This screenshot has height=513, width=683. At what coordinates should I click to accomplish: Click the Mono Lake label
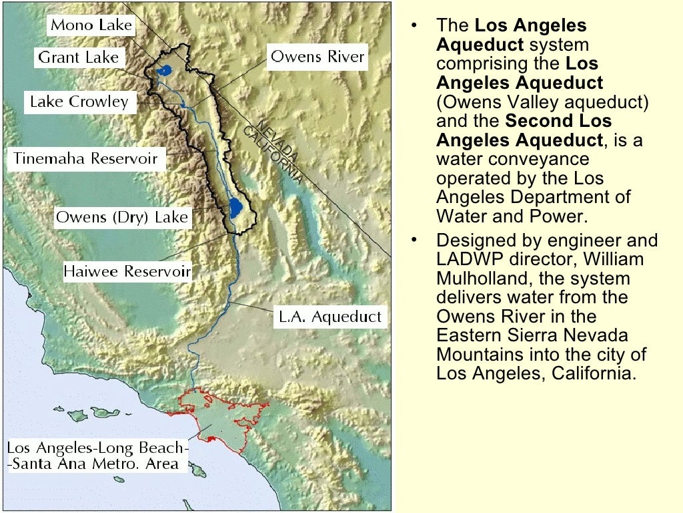(91, 25)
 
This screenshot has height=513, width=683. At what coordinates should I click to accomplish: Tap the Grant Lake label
(78, 57)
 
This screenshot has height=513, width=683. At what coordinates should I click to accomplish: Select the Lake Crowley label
(79, 102)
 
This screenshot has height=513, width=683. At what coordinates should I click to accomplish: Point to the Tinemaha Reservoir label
(85, 159)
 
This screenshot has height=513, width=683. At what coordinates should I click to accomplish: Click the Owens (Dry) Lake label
(121, 217)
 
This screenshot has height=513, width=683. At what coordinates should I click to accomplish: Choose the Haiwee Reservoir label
(127, 272)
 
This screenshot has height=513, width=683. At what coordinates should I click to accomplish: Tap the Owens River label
(317, 56)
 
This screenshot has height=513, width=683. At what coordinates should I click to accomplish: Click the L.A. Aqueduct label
(329, 317)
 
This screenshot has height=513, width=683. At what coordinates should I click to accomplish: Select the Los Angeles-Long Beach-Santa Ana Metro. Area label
(97, 456)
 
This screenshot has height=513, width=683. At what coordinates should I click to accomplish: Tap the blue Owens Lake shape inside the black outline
(235, 208)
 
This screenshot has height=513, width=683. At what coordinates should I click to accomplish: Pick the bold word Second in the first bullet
(535, 122)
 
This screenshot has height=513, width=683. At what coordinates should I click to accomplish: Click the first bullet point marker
(414, 27)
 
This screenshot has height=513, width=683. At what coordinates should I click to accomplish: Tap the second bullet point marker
(414, 240)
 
